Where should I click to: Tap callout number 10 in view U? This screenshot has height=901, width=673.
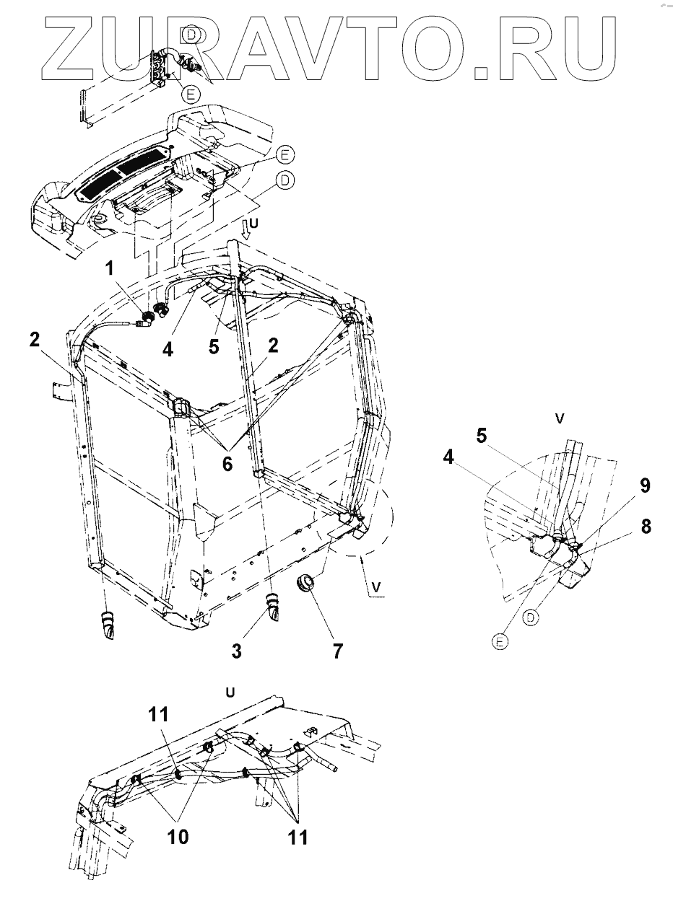pyautogui.click(x=178, y=836)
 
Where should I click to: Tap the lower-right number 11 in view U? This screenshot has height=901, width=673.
pyautogui.click(x=298, y=836)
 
